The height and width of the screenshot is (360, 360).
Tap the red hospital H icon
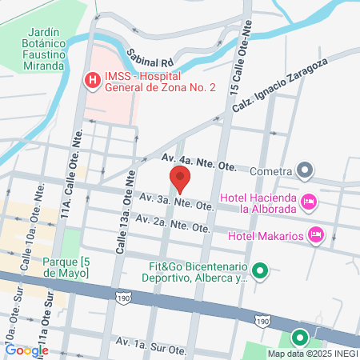pyautogui.click(x=93, y=80)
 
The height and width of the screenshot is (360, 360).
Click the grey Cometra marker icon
pyautogui.click(x=304, y=170)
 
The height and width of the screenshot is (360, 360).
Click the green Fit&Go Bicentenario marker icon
pyautogui.click(x=258, y=271)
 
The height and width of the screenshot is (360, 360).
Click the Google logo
pyautogui.click(x=26, y=350)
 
